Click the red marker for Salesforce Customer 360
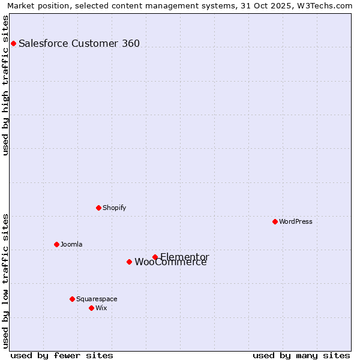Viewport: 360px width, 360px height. (x=13, y=43)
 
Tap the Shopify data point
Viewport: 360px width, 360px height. (x=98, y=208)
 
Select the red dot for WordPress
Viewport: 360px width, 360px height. (x=275, y=221)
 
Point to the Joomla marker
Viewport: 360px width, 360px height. (x=56, y=244)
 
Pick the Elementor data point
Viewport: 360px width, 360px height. (x=155, y=257)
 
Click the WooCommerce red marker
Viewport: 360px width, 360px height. (x=129, y=262)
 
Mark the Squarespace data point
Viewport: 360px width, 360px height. (x=72, y=299)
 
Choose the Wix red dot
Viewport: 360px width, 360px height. (x=91, y=308)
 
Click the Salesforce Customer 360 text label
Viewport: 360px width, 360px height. (x=79, y=43)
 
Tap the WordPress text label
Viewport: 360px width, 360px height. (x=296, y=221)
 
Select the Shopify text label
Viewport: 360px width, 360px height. (x=114, y=208)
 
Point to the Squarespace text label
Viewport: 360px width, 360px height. (x=97, y=299)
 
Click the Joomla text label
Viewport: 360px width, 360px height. (x=71, y=244)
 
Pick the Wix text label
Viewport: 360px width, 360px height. (x=101, y=308)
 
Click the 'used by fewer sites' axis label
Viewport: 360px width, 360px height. (x=62, y=355)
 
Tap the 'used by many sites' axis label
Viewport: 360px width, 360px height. (x=301, y=355)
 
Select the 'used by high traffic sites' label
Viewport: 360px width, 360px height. (x=5, y=85)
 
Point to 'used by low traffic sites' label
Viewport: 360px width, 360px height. (x=5, y=281)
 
